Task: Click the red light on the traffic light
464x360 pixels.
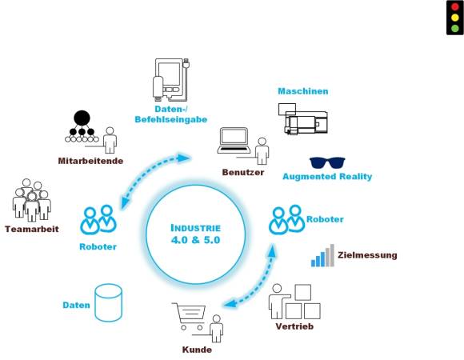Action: pyautogui.click(x=455, y=7)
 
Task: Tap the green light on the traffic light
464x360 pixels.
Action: pyautogui.click(x=455, y=28)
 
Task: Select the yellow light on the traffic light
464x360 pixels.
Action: pyautogui.click(x=455, y=18)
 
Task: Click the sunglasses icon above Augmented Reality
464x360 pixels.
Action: pyautogui.click(x=327, y=162)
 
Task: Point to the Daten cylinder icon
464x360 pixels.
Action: pyautogui.click(x=108, y=302)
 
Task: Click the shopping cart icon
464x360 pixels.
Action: pyautogui.click(x=189, y=316)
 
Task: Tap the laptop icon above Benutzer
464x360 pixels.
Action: pyautogui.click(x=234, y=141)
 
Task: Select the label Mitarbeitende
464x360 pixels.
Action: pyautogui.click(x=90, y=161)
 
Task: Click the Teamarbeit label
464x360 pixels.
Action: pyautogui.click(x=32, y=229)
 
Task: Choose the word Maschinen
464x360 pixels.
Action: pyautogui.click(x=303, y=91)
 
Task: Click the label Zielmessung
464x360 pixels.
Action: pyautogui.click(x=367, y=255)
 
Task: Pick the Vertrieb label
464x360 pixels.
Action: pyautogui.click(x=294, y=326)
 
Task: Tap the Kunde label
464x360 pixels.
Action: pyautogui.click(x=197, y=350)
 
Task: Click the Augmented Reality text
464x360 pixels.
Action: pyautogui.click(x=327, y=177)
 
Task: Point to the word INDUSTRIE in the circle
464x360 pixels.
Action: pyautogui.click(x=196, y=228)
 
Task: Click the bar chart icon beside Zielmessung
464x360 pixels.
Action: pyautogui.click(x=322, y=255)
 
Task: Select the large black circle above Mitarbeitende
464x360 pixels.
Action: pyautogui.click(x=82, y=118)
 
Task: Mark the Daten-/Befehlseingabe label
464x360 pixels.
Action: pyautogui.click(x=170, y=114)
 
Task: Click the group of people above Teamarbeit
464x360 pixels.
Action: pyautogui.click(x=32, y=200)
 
